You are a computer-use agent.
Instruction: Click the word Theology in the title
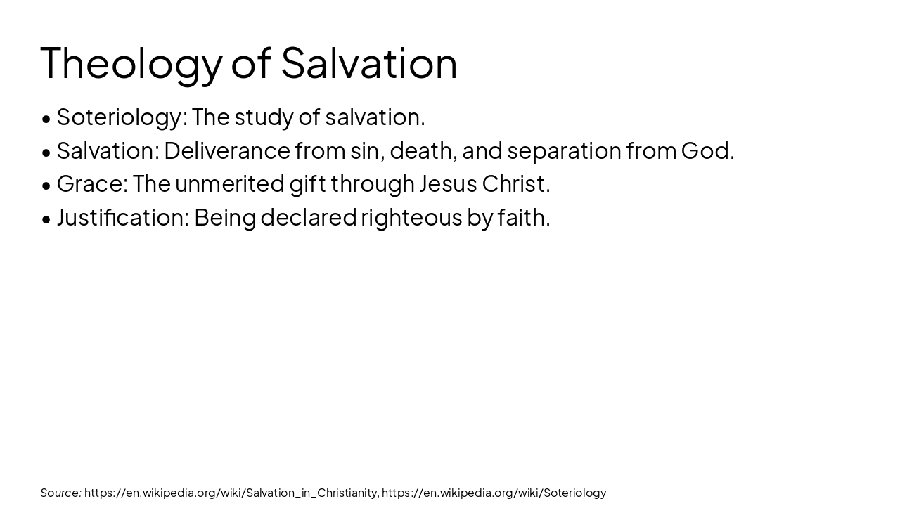[131, 63]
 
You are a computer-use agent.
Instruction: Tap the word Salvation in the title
[369, 63]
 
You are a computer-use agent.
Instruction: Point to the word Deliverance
[227, 150]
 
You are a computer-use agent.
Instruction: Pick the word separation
[564, 150]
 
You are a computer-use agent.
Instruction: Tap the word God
[707, 150]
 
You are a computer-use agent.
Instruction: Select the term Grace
[91, 183]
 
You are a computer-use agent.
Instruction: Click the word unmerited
[230, 183]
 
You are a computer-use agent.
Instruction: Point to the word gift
[307, 183]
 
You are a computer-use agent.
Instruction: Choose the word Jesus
[448, 183]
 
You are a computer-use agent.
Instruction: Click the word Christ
[515, 183]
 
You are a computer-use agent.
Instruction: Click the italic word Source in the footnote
[60, 493]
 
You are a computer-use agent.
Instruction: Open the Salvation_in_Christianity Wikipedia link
[231, 493]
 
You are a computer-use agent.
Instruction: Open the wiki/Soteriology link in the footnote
[494, 493]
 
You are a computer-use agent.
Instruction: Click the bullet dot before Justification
[46, 219]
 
